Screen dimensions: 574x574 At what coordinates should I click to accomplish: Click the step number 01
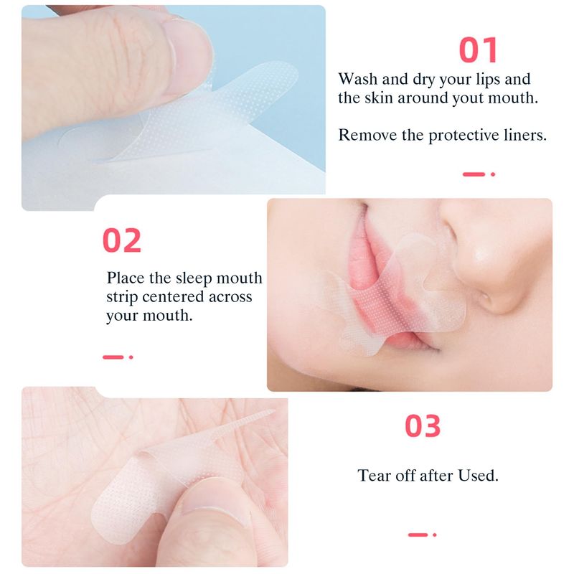point(479,50)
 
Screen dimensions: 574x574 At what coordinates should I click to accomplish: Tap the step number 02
point(122,240)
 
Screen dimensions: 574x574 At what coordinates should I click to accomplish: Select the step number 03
point(423,425)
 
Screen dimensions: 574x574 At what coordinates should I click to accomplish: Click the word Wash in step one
point(357,79)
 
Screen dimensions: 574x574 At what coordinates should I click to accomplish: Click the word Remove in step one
point(367,135)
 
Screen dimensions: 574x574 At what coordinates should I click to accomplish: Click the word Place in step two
point(126,278)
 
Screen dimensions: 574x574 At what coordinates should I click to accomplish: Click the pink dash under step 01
point(474,174)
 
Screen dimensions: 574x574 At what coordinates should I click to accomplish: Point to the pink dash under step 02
point(113,357)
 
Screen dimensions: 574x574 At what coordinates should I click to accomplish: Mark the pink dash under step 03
point(418,535)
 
